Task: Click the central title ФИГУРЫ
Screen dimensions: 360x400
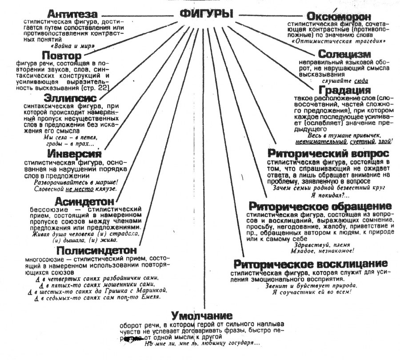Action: (206, 14)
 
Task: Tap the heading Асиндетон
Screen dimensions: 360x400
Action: (84, 201)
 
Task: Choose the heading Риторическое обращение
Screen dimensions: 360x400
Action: (320, 206)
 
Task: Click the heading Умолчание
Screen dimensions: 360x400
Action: (203, 316)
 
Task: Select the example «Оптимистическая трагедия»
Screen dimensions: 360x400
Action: (338, 41)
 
